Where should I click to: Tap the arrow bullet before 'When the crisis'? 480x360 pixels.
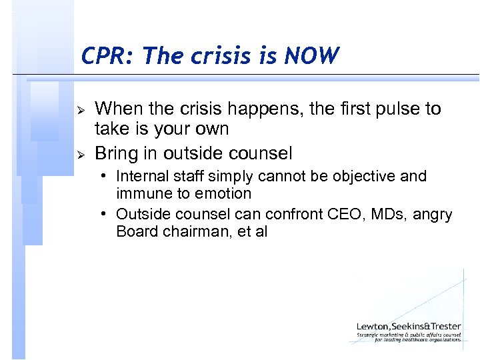(x=80, y=109)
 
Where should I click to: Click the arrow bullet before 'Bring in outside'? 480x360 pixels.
(x=80, y=155)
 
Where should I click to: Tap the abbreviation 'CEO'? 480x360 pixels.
(x=342, y=215)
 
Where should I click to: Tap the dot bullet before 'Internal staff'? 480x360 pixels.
(x=106, y=177)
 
